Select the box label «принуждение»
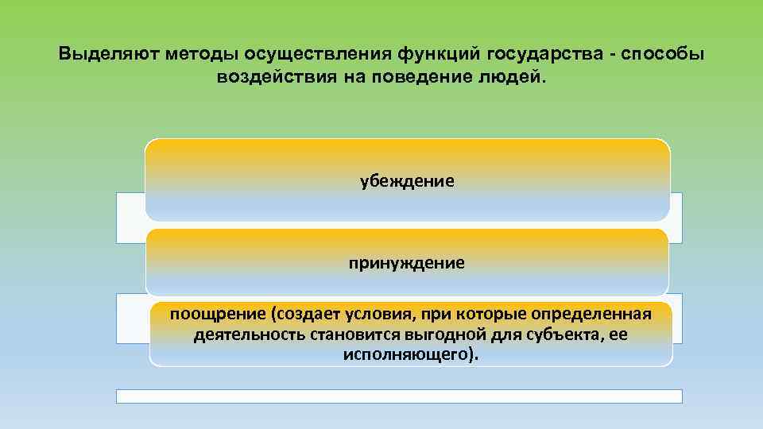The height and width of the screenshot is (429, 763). [x=407, y=262]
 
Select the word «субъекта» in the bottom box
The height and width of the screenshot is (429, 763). [x=560, y=334]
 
